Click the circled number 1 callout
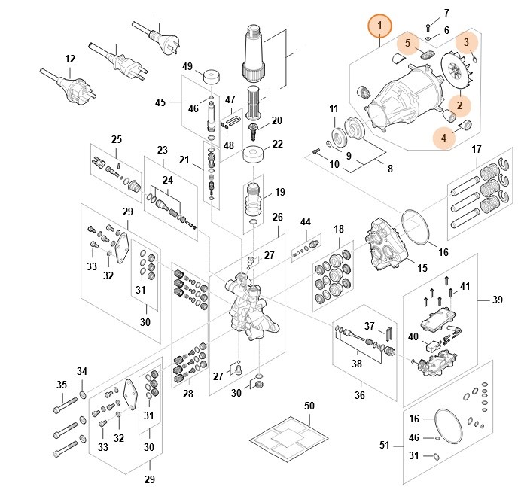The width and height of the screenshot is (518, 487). click(380, 26)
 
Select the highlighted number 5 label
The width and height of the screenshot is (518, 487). click(408, 43)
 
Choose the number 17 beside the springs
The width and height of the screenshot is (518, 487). click(477, 150)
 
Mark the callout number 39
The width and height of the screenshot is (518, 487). click(498, 299)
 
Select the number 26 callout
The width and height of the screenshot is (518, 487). click(277, 218)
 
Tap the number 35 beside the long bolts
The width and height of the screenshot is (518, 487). click(62, 385)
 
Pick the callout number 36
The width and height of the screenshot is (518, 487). click(359, 395)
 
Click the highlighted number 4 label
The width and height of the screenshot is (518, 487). click(444, 138)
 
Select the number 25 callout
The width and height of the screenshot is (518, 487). click(116, 140)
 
